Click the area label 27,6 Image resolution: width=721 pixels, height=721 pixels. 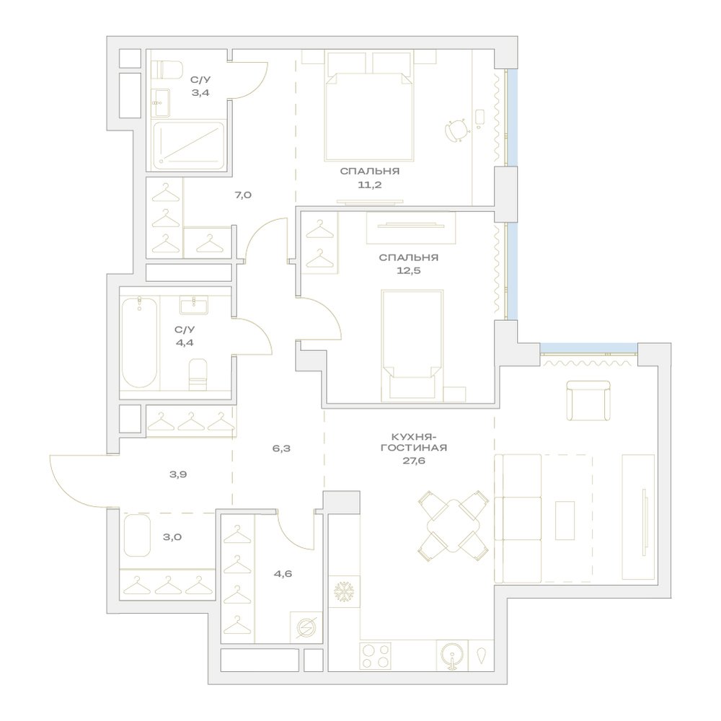point(414,461)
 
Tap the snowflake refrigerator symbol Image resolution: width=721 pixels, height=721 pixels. point(344,591)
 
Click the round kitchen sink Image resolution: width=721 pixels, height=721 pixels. point(451,655)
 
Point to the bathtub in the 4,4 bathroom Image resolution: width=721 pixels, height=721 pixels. point(140,342)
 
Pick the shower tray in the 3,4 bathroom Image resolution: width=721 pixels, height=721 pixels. point(189,144)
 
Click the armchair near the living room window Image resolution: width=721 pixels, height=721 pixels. point(588,400)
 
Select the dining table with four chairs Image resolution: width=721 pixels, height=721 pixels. point(454,526)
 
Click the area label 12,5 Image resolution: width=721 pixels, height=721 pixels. point(409,270)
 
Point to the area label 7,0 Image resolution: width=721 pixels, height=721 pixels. point(243,195)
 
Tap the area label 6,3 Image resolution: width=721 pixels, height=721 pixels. point(281,448)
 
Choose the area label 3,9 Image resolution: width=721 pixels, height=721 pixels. point(178,474)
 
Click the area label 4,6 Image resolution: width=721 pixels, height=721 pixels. point(283,574)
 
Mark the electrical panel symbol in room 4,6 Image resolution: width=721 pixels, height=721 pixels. point(306,627)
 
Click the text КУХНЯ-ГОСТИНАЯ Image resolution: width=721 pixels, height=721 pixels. point(414,442)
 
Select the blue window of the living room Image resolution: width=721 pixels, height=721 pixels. point(588,348)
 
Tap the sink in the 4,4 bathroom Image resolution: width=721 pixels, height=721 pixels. point(193,305)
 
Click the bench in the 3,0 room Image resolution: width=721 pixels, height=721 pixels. point(137,535)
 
